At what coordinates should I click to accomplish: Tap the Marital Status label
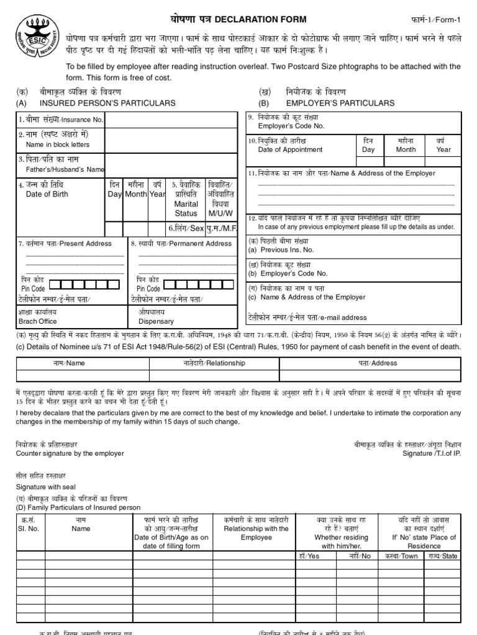[186, 208]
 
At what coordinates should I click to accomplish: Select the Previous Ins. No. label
[281, 250]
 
